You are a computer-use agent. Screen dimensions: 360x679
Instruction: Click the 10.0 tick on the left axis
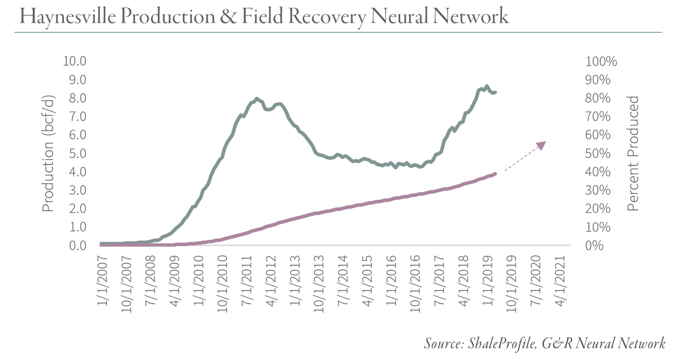coord(75,61)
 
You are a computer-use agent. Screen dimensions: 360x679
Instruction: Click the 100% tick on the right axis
coord(602,61)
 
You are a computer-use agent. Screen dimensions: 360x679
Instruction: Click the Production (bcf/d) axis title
coord(49,153)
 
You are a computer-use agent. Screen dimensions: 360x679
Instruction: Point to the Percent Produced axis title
coord(633,153)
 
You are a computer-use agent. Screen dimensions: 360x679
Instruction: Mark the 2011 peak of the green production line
coord(257,99)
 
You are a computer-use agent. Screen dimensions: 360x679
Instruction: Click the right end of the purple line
coord(496,174)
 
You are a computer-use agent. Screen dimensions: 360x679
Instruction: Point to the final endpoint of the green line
coord(496,92)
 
